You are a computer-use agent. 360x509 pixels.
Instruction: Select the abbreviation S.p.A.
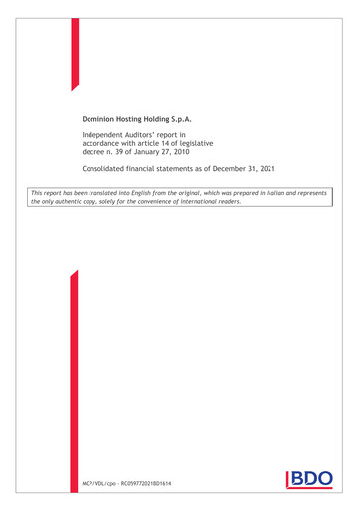pos(204,119)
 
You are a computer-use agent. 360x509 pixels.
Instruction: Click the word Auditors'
pos(152,133)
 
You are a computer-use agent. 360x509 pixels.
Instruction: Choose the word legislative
pos(229,142)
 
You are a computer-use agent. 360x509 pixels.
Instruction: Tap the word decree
pos(94,151)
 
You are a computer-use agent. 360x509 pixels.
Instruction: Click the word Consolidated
pos(107,170)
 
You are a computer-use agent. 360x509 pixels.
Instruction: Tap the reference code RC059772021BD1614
pos(146,484)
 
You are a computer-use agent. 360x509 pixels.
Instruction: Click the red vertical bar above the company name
pos(74,55)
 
